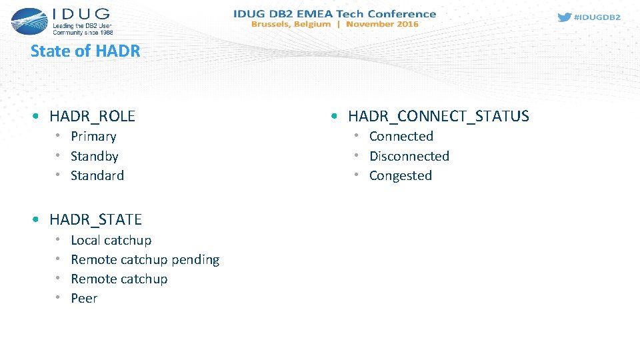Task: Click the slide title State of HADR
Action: pyautogui.click(x=85, y=51)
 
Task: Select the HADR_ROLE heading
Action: pyautogui.click(x=92, y=116)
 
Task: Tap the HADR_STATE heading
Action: pyautogui.click(x=95, y=219)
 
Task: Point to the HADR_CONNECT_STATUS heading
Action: pyautogui.click(x=438, y=116)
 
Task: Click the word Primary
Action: pyautogui.click(x=93, y=137)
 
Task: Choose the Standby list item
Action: pyautogui.click(x=94, y=156)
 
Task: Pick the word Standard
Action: pyautogui.click(x=97, y=175)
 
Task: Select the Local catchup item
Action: pyautogui.click(x=111, y=240)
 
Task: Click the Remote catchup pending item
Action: pyautogui.click(x=145, y=259)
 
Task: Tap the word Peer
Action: pyautogui.click(x=84, y=298)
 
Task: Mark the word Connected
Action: pyautogui.click(x=401, y=137)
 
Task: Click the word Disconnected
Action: pyautogui.click(x=409, y=156)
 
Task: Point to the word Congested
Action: pyautogui.click(x=400, y=175)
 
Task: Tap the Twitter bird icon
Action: pyautogui.click(x=564, y=17)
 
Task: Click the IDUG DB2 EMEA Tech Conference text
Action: pyautogui.click(x=334, y=13)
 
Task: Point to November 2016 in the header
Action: pyautogui.click(x=382, y=24)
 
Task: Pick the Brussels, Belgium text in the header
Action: pyautogui.click(x=290, y=24)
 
